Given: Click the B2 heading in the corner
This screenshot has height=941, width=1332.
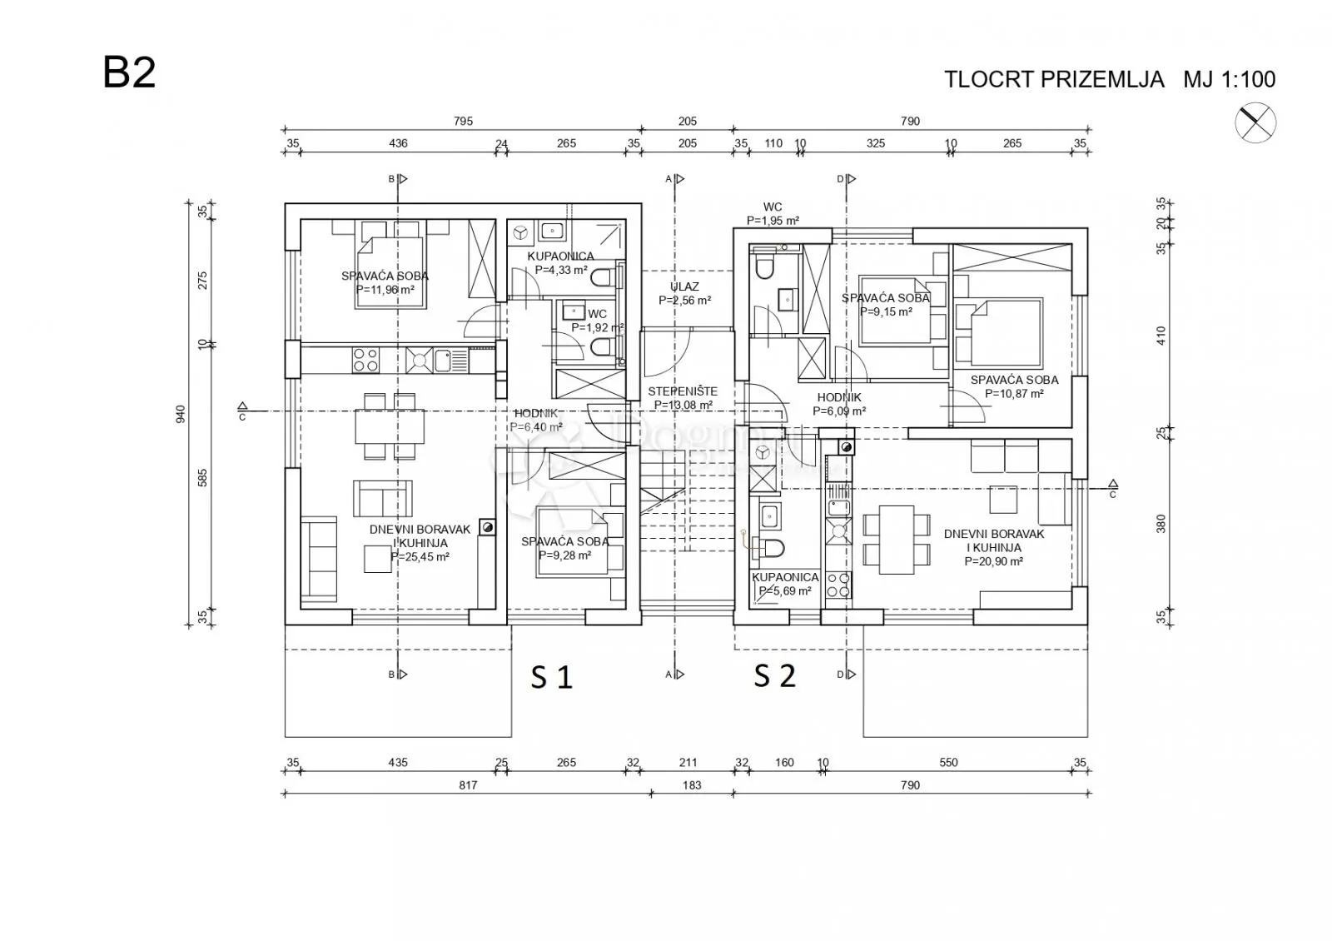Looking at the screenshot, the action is [x=129, y=72].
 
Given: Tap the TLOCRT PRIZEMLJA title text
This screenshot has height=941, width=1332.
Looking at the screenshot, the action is [x=1054, y=80].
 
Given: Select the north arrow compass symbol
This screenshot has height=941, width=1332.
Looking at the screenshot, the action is [x=1255, y=123].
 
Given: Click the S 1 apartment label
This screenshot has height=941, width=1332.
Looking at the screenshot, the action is [x=551, y=677].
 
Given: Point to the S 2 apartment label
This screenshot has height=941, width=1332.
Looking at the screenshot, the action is [x=775, y=675].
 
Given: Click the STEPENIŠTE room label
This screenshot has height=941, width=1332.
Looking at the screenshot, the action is [x=683, y=391].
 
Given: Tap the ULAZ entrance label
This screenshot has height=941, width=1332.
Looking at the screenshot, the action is [x=684, y=286].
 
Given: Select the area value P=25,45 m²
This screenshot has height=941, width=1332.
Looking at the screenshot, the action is [x=420, y=557].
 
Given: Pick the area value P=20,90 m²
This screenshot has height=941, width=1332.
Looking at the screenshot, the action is [x=994, y=561].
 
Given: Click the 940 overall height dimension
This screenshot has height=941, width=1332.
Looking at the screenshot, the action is [x=180, y=414].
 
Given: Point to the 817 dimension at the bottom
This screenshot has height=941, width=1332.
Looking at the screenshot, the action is [x=468, y=785].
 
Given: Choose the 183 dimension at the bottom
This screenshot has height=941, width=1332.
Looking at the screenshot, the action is [x=692, y=785].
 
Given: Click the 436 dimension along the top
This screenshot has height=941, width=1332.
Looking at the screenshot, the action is [x=398, y=143].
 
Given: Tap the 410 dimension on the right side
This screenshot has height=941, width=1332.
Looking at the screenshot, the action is [x=1161, y=336].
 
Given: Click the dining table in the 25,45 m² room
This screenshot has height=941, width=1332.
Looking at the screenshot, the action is [x=390, y=426].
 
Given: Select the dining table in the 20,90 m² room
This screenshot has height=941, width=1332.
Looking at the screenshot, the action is [x=896, y=540].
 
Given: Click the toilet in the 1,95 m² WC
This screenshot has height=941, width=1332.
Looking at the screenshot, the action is [x=763, y=266].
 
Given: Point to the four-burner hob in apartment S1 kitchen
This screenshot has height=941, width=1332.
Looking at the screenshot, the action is [x=365, y=360].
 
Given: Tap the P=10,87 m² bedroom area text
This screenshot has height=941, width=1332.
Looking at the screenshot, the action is [x=1014, y=394].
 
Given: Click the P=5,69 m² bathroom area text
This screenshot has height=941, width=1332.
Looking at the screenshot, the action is [x=784, y=591].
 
